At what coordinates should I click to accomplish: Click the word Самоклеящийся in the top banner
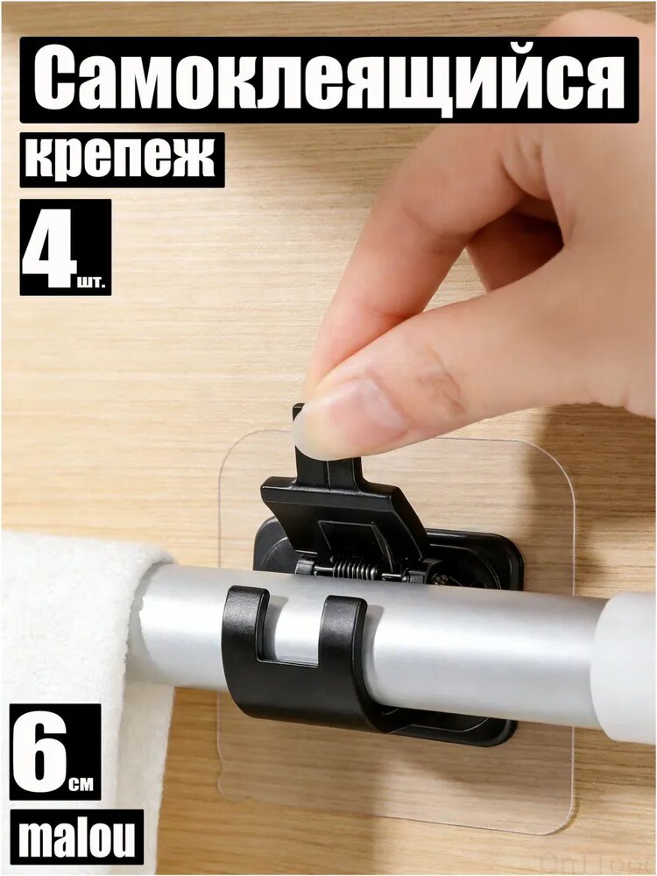tap(328, 80)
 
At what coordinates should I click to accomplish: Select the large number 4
tap(49, 247)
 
